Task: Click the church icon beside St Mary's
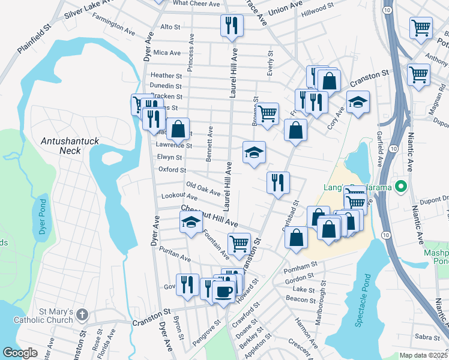click(83, 314)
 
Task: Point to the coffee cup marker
click(224, 292)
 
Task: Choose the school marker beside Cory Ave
click(358, 101)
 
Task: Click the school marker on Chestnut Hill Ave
click(191, 223)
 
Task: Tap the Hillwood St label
click(318, 9)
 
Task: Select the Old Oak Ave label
click(203, 188)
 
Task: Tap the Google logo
click(20, 353)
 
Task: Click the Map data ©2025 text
click(423, 355)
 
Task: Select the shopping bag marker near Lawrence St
click(178, 128)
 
